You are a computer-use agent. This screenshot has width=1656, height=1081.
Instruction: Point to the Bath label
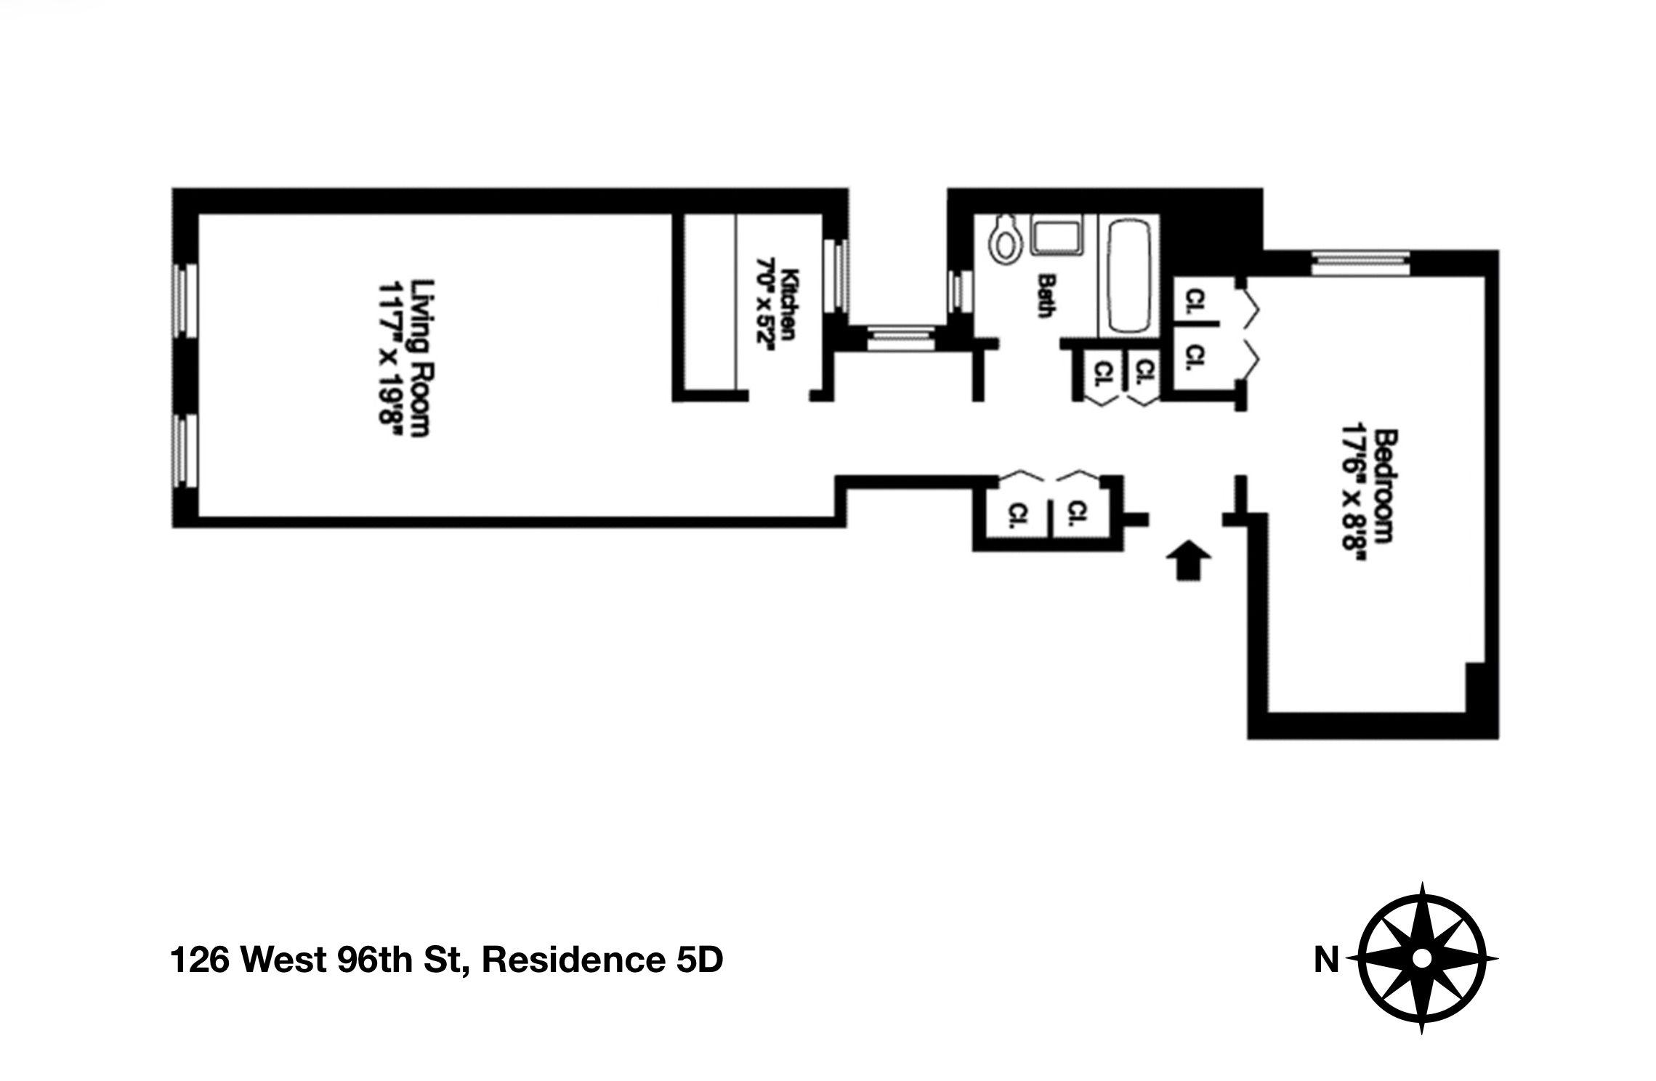tap(1046, 295)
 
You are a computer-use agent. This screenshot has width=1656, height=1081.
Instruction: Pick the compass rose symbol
tap(1421, 959)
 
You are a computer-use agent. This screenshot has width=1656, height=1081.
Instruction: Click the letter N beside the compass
tap(1326, 960)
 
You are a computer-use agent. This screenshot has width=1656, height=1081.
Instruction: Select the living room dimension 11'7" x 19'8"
tap(389, 358)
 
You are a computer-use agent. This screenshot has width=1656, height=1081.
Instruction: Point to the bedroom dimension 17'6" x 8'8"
tap(1353, 491)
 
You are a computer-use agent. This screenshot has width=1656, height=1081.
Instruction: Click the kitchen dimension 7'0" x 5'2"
tap(767, 304)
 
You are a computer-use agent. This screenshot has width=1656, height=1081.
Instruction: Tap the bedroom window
tap(1360, 263)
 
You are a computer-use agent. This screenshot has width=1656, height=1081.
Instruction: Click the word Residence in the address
tap(573, 960)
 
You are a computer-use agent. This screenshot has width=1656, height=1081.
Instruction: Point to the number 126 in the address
tap(199, 960)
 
